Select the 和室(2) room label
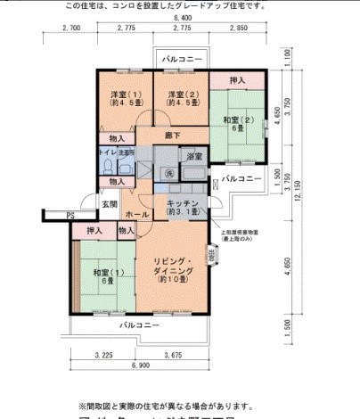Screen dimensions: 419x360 point(234,120)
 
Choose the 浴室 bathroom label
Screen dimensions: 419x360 point(193,157)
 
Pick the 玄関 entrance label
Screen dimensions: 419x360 point(109,204)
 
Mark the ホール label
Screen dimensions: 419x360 point(136,215)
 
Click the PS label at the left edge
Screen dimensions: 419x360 point(70,215)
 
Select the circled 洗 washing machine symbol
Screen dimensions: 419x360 point(168,171)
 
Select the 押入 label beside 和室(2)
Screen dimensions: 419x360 point(237,80)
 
